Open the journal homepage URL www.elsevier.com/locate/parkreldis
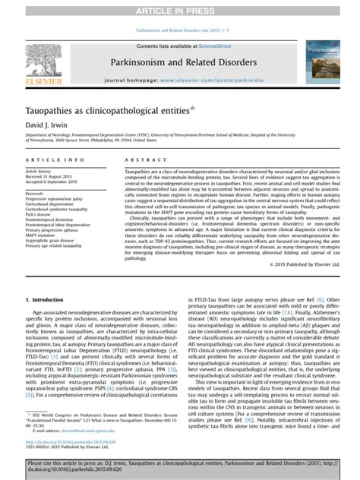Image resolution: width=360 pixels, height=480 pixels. (201, 79)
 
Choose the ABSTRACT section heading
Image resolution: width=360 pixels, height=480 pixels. (137, 162)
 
